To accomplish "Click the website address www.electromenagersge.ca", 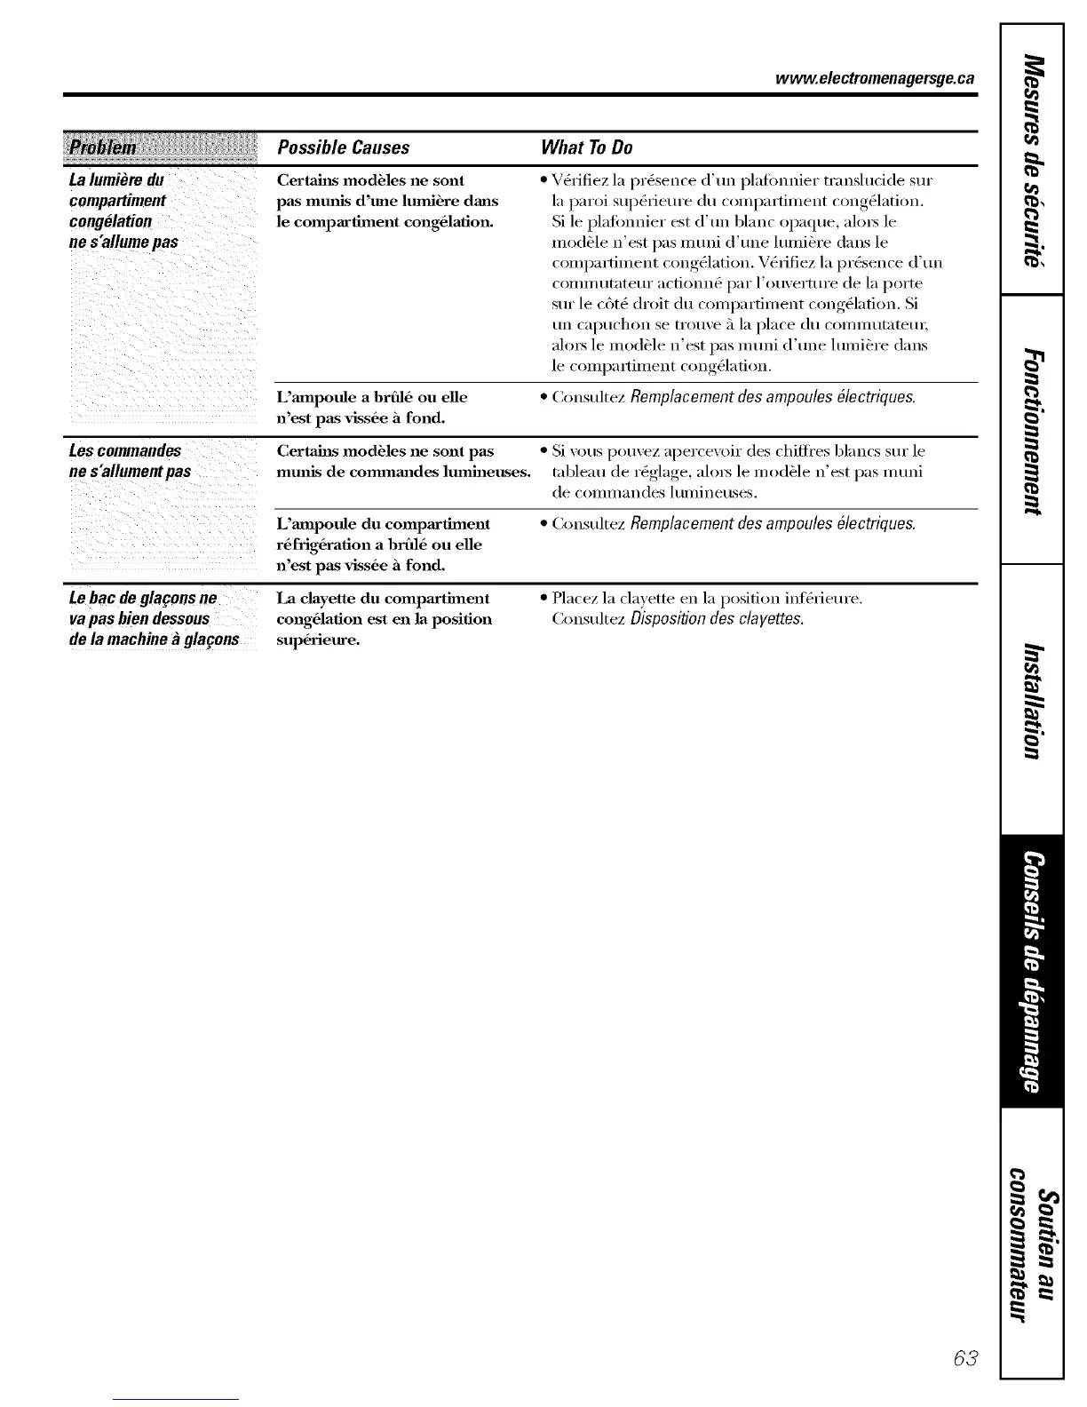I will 875,78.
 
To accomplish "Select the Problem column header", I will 104,147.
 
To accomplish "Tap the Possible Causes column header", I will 343,147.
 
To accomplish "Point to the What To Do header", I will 586,147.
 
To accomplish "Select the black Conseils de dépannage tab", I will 1031,972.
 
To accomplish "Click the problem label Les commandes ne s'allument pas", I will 130,460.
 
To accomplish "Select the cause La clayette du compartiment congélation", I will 384,618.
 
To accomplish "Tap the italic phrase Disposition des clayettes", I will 718,619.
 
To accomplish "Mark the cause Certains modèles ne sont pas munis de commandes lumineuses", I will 403,460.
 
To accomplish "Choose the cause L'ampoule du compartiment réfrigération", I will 383,544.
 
